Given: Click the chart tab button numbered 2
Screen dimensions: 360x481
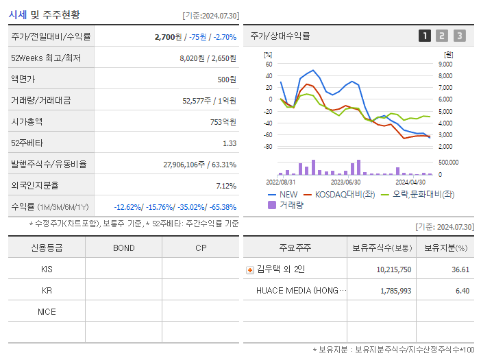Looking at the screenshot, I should coord(442,36).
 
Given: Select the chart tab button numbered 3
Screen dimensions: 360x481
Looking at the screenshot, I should coord(459,36).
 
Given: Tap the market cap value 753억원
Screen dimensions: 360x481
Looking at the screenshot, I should coord(223,122).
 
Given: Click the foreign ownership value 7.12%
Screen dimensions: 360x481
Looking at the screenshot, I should coord(225,186).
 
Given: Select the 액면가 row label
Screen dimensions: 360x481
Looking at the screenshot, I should coord(25,80).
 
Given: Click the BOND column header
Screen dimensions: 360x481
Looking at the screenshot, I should coord(123,248).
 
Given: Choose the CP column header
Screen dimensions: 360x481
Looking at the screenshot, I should coord(201,248).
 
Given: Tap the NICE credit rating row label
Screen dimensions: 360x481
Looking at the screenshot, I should coord(47,312).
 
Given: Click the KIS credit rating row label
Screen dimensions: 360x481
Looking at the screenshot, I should coord(47,269).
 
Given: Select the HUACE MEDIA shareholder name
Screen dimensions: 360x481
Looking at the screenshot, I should coord(301,291).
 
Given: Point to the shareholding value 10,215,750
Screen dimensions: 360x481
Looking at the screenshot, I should coord(394,269).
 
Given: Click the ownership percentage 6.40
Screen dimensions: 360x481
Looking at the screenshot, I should coord(461,291).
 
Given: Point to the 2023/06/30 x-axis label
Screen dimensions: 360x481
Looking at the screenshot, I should coord(345,182).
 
